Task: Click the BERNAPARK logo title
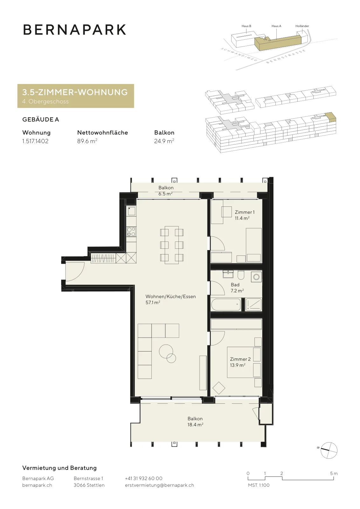click(74, 30)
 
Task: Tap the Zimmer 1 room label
click(244, 215)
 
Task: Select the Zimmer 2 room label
click(240, 362)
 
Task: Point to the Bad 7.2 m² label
click(237, 288)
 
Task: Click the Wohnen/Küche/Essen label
click(170, 299)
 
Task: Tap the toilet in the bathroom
click(241, 275)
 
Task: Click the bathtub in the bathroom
click(226, 304)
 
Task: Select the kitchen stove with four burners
click(131, 232)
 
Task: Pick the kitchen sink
click(132, 211)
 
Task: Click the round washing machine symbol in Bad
click(256, 277)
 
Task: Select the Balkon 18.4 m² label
click(195, 421)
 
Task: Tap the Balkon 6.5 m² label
click(166, 191)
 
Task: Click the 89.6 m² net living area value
click(87, 141)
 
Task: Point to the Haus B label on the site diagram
click(246, 26)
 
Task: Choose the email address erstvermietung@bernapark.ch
click(159, 485)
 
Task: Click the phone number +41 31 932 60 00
click(143, 478)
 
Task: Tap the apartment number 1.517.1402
click(35, 141)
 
